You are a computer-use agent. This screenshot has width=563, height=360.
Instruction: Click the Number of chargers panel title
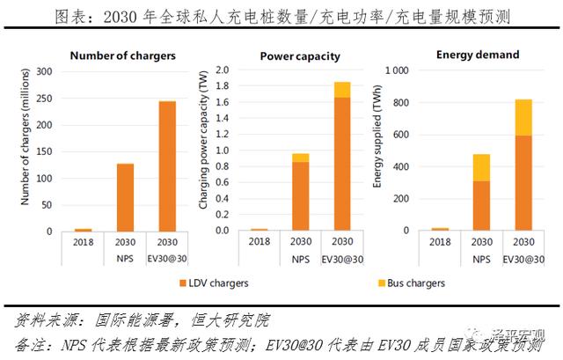point(122,55)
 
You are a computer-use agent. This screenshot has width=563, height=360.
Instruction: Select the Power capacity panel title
point(300,56)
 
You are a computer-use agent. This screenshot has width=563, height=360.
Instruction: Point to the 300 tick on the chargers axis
point(43,70)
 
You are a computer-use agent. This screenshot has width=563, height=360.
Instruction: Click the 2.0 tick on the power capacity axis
point(223,70)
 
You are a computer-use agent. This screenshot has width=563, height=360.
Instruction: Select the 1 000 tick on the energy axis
point(397,70)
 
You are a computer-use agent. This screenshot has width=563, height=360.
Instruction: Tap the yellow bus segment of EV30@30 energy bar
point(523,117)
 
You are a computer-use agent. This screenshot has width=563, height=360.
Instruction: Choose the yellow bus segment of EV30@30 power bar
point(342,89)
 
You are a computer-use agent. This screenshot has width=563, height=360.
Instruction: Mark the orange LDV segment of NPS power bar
point(301,195)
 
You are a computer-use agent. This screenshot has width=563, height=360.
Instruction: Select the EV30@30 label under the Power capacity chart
point(342,260)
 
